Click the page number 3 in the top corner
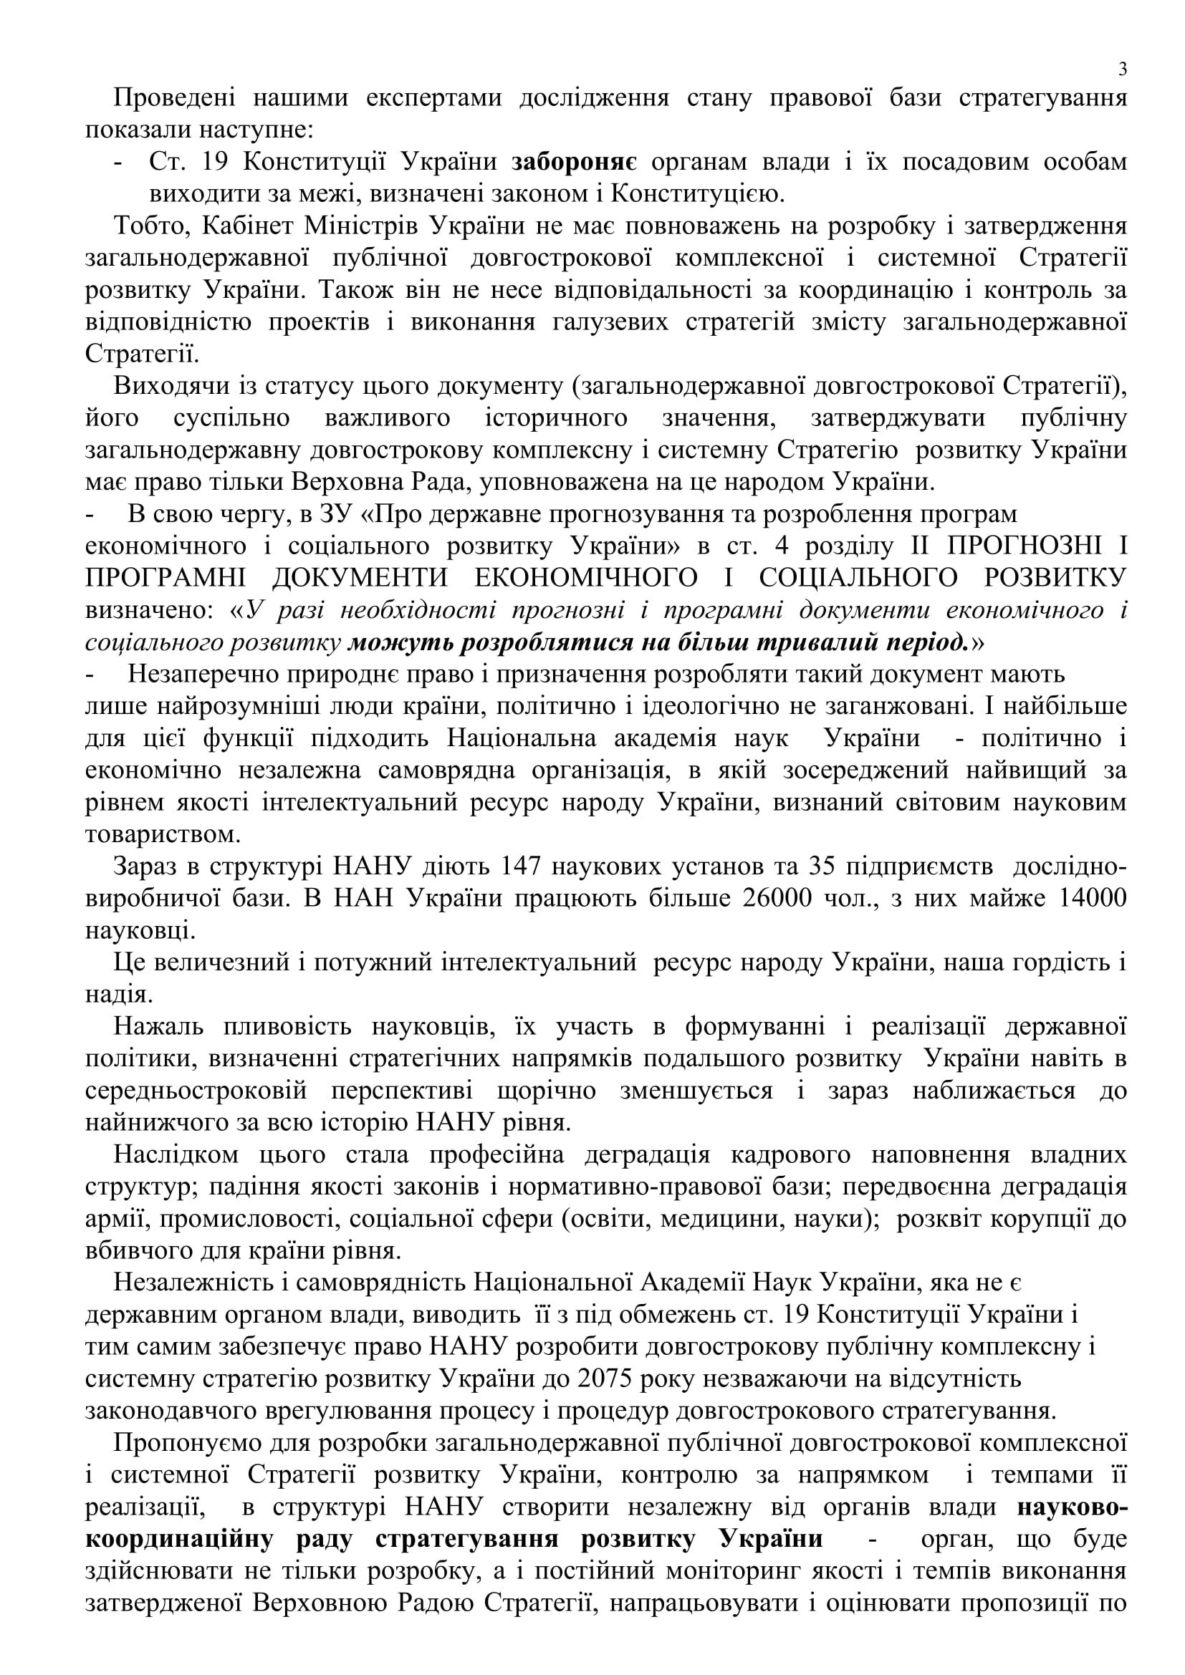click(x=1122, y=70)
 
